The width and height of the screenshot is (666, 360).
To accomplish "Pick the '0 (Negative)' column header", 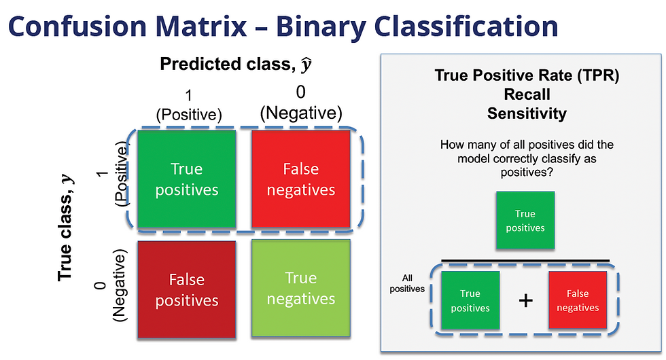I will click(300, 105).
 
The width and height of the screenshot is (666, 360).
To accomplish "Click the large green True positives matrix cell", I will click(187, 179).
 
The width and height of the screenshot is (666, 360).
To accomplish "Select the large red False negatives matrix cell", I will click(301, 179).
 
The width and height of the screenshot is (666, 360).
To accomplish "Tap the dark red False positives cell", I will click(187, 290).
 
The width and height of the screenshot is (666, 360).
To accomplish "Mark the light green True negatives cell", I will click(300, 289).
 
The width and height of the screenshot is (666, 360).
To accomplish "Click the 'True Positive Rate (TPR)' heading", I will click(527, 75).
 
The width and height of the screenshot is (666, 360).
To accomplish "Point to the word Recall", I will click(527, 94).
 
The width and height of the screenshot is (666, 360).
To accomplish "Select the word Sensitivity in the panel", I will click(527, 113).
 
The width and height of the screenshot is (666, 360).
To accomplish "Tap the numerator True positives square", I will click(525, 221).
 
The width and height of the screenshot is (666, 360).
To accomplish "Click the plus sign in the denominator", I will click(525, 300).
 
